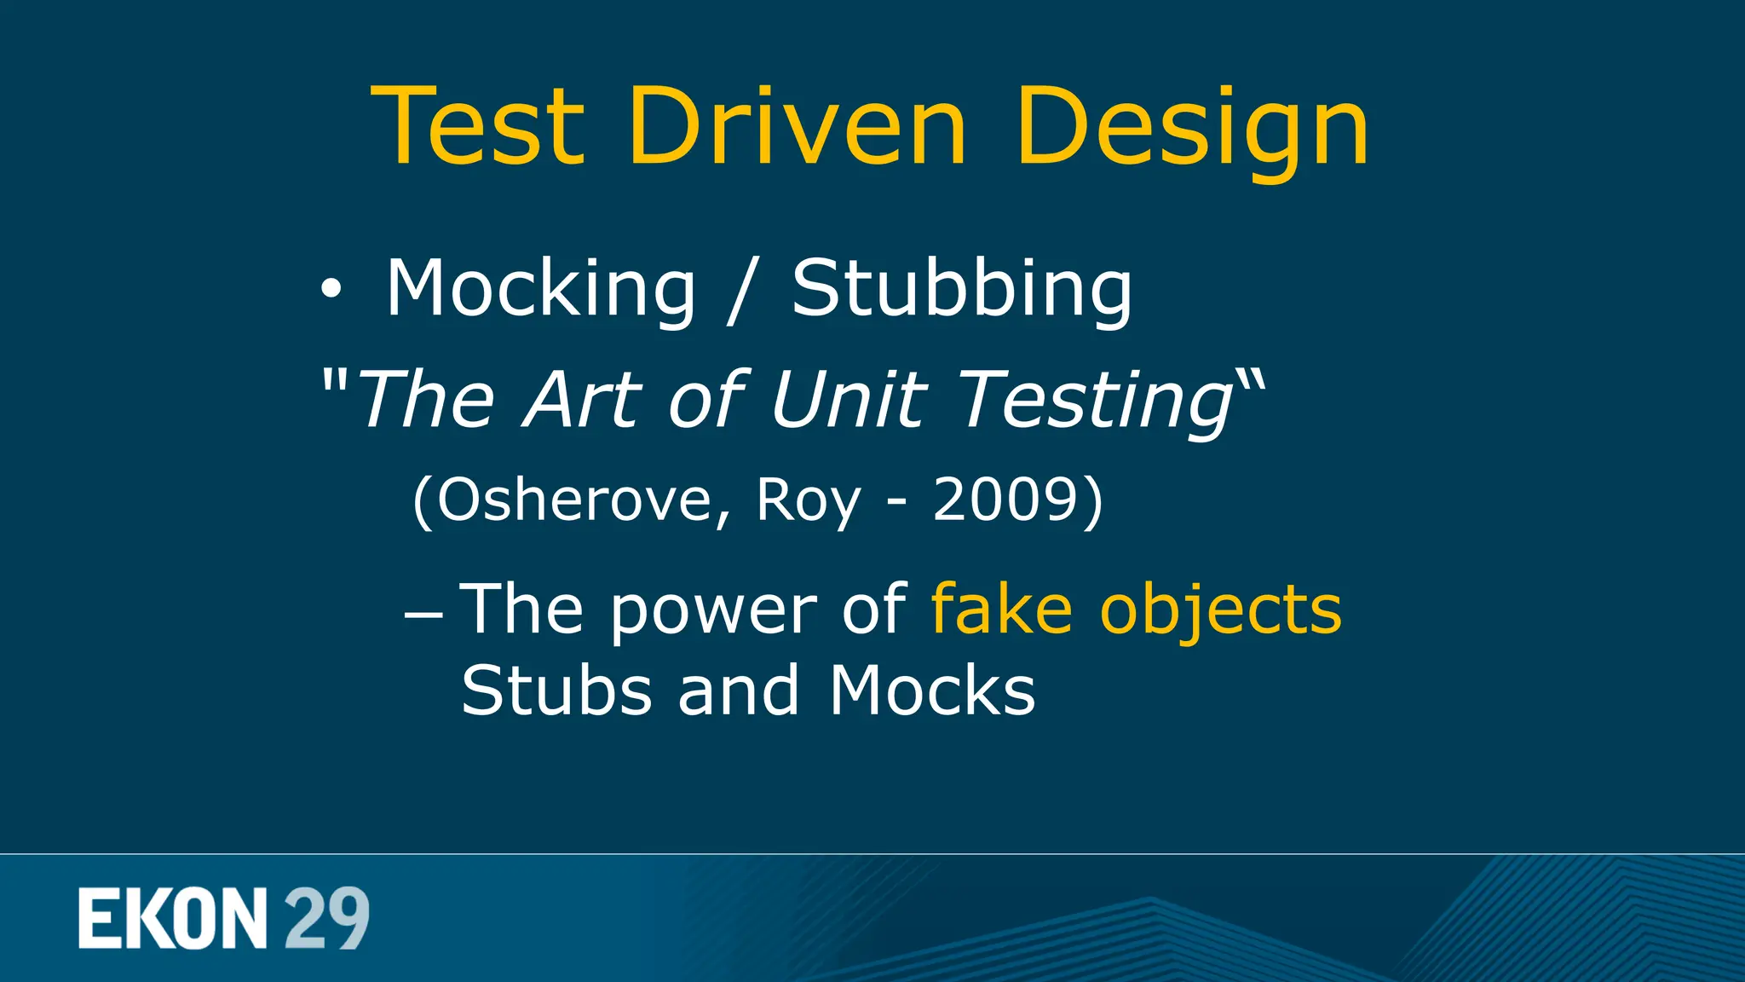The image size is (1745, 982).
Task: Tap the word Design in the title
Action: click(1192, 128)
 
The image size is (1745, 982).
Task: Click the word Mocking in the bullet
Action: click(541, 290)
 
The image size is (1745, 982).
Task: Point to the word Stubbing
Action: click(963, 290)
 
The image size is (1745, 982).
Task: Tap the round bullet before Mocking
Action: click(331, 291)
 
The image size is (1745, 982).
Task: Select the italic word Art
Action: click(583, 399)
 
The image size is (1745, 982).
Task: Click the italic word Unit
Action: click(848, 399)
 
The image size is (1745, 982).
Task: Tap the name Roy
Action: click(808, 501)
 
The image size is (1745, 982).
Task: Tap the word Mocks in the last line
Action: click(932, 690)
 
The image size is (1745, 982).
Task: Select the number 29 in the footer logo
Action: click(326, 918)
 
